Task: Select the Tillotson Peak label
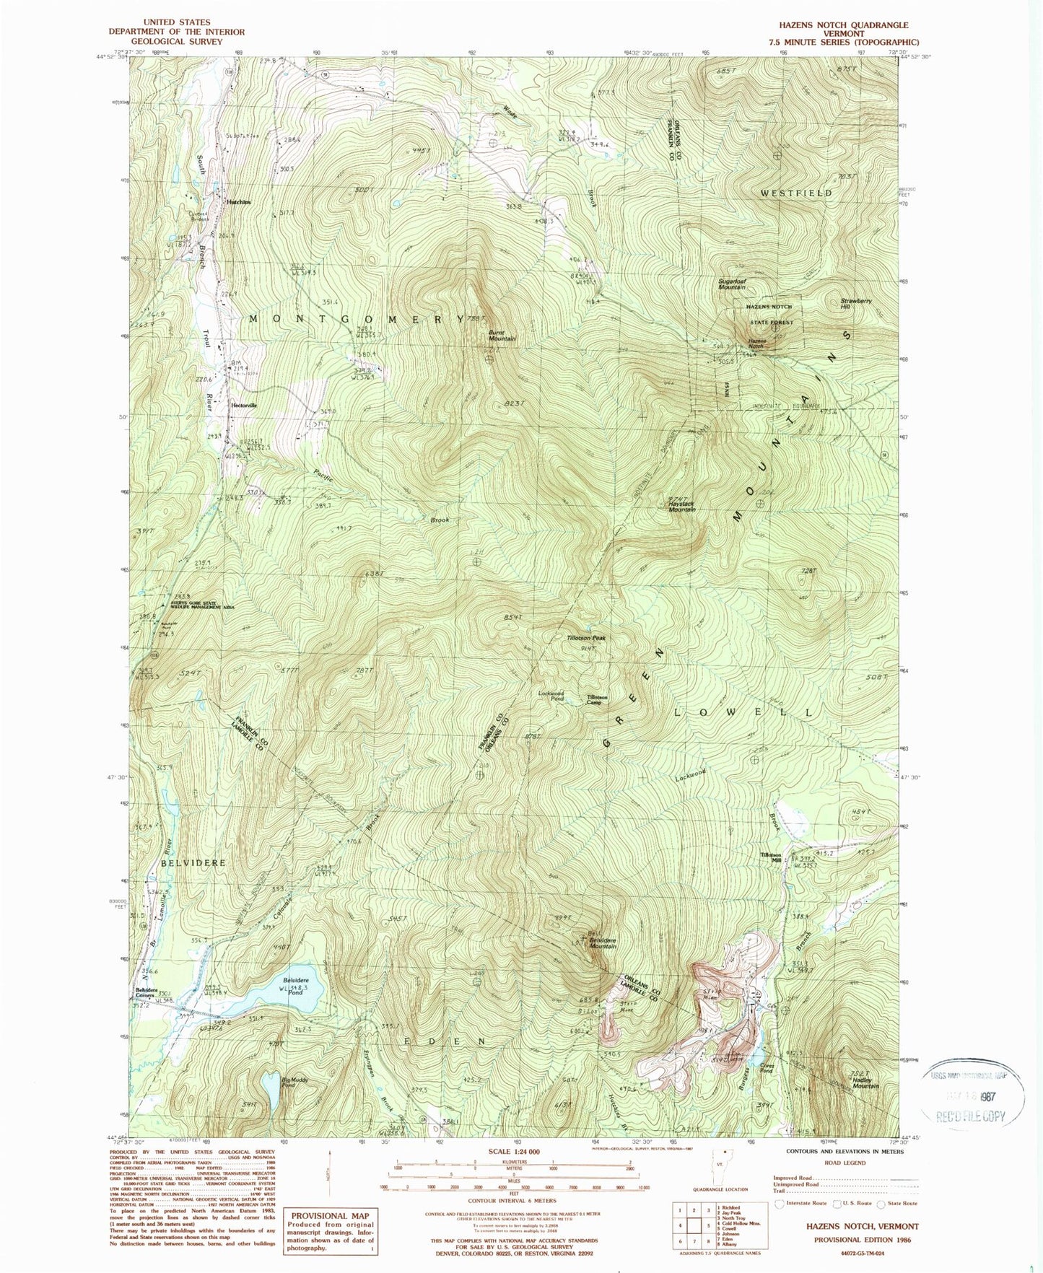pyautogui.click(x=586, y=638)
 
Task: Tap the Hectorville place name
pyautogui.click(x=243, y=405)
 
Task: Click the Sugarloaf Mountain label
pyautogui.click(x=731, y=284)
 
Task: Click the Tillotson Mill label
pyautogui.click(x=771, y=857)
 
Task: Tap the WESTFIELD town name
pyautogui.click(x=796, y=193)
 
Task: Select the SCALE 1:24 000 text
pyautogui.click(x=514, y=1152)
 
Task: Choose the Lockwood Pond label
pyautogui.click(x=551, y=696)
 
